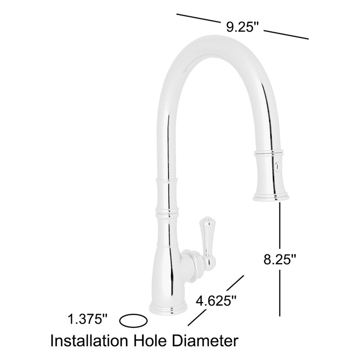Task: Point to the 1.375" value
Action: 88,320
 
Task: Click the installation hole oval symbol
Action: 133,321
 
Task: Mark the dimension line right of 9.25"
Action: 286,34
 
